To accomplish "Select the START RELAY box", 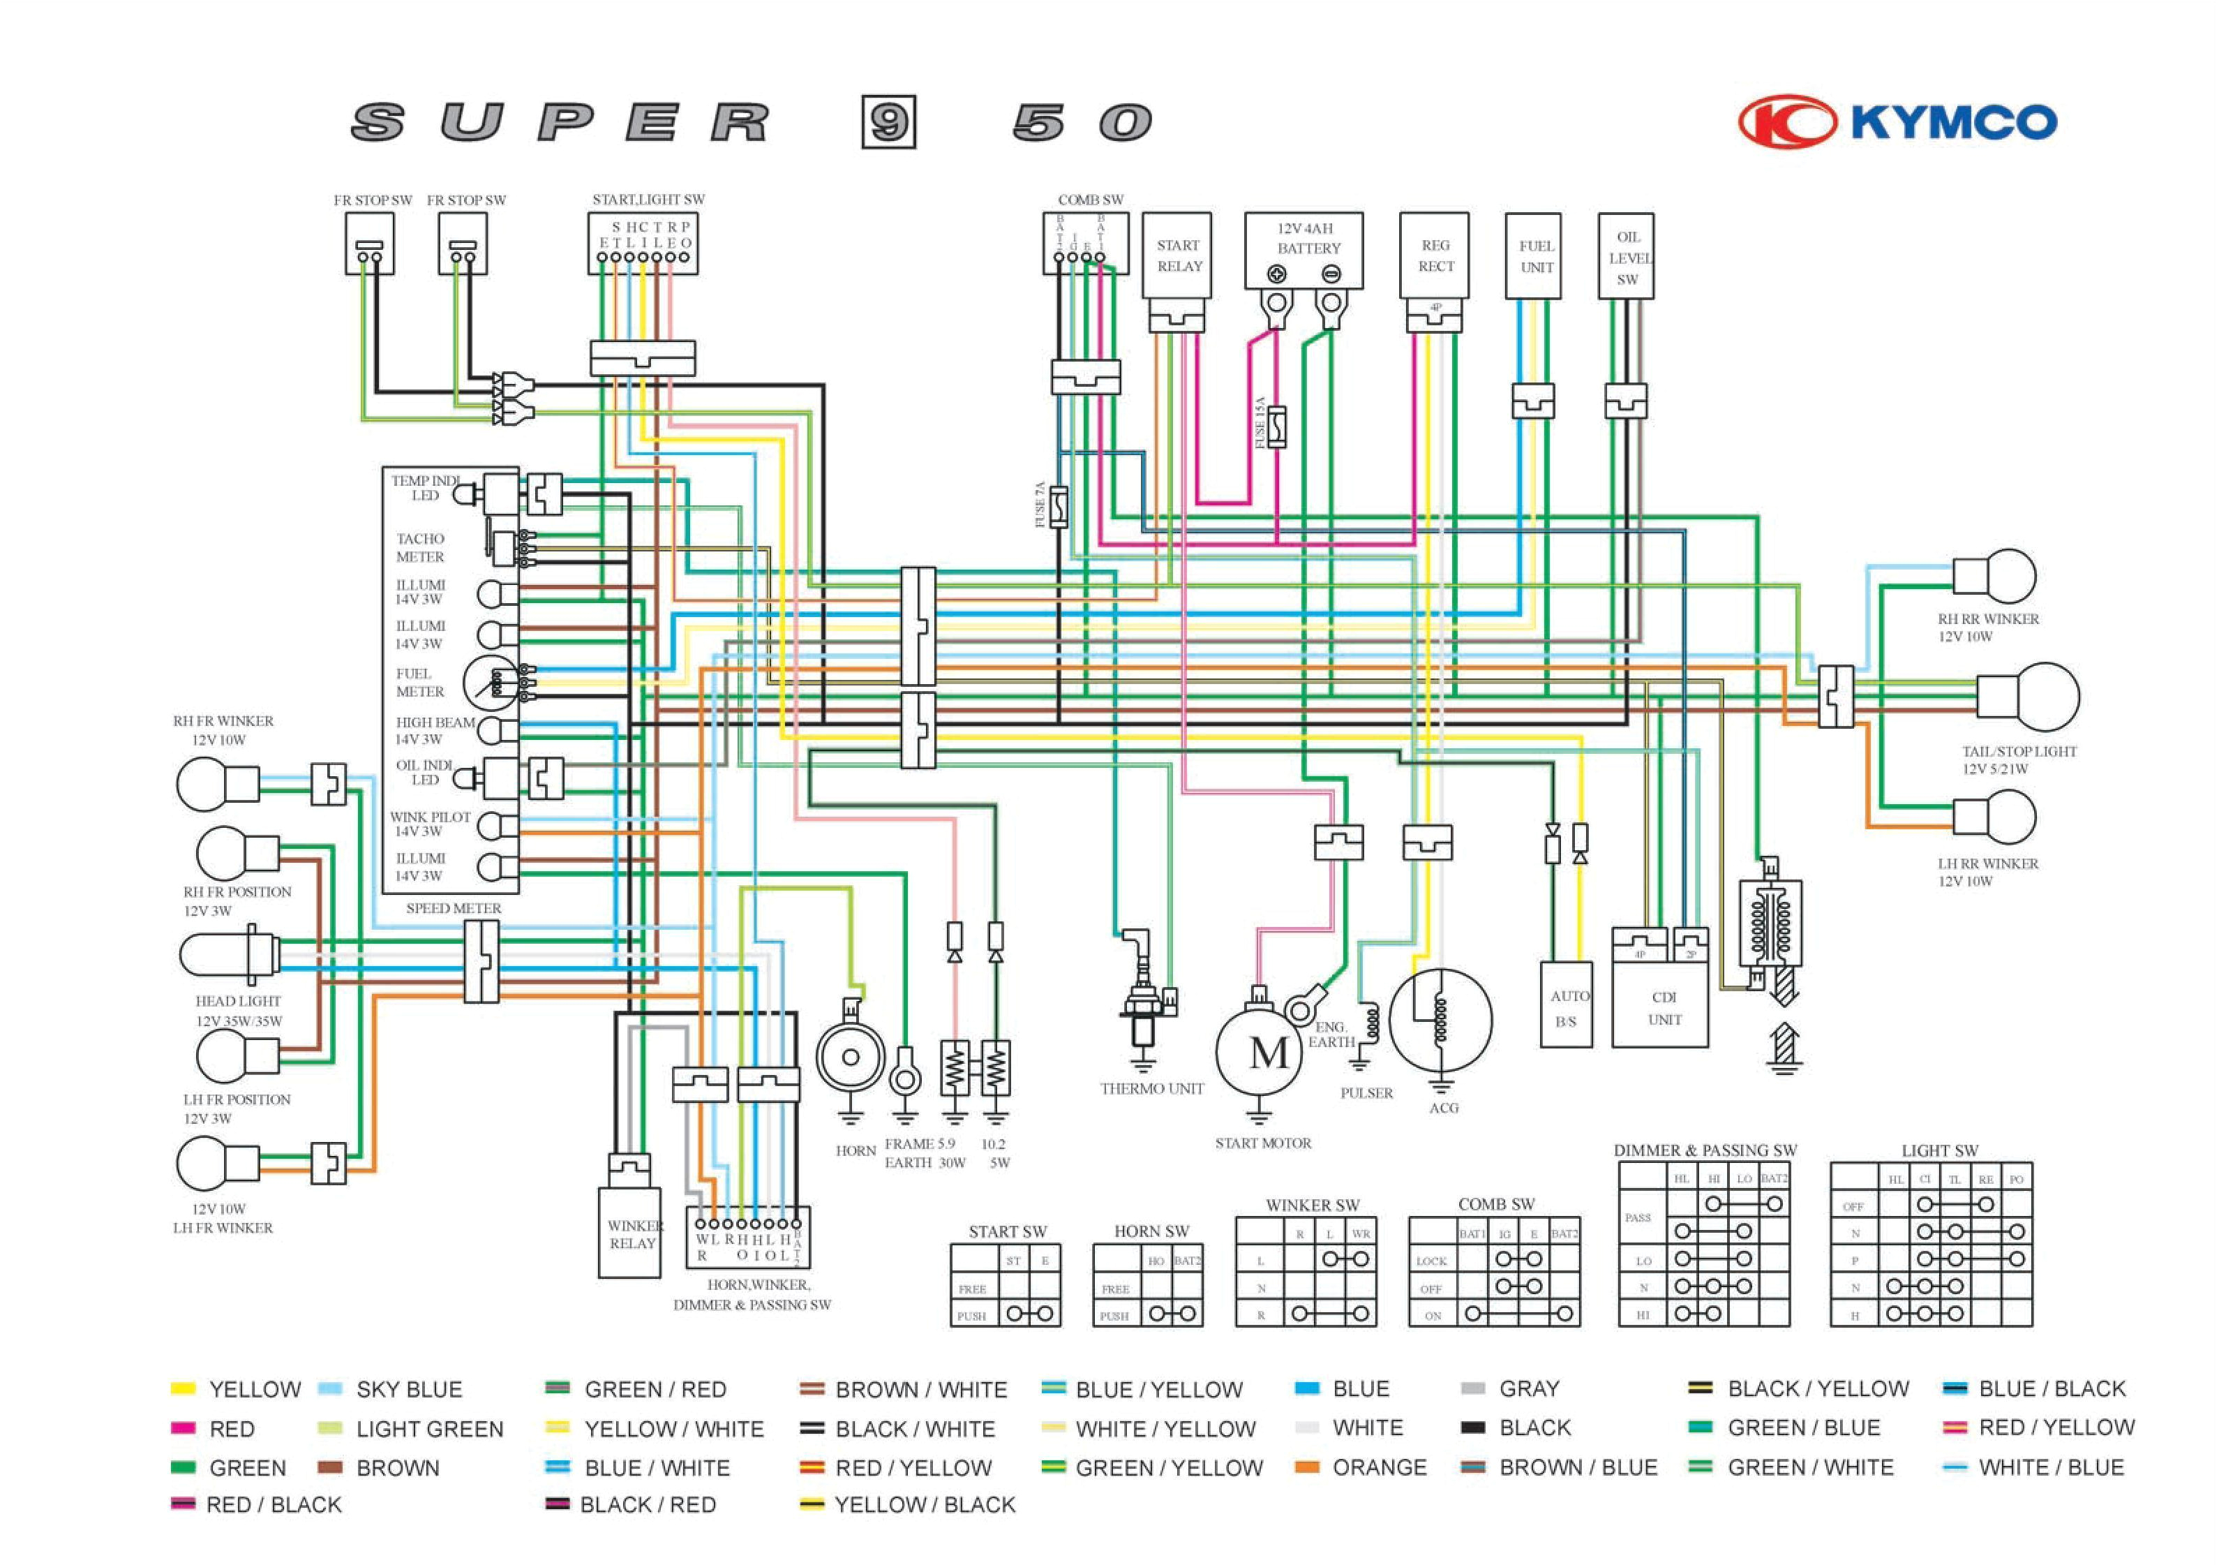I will pos(1177,256).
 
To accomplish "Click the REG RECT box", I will pos(1434,256).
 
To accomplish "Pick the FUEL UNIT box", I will pos(1534,256).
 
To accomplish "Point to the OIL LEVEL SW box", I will pos(1627,256).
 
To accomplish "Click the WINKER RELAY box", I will pos(630,1233).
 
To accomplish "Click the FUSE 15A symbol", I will pos(1276,425).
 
